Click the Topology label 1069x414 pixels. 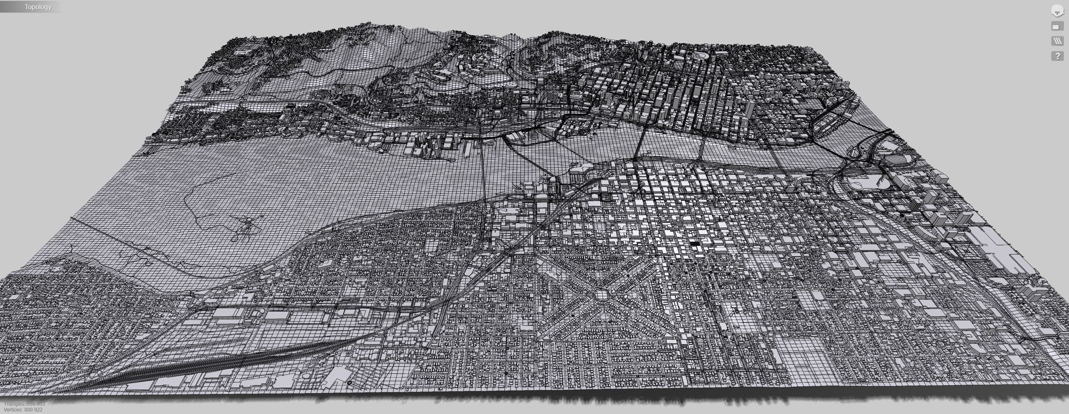coord(38,7)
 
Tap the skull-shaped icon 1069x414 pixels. coord(1057,12)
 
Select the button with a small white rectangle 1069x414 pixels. coord(1057,27)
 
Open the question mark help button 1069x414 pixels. coord(1057,56)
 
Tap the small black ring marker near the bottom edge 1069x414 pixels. coord(350,382)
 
